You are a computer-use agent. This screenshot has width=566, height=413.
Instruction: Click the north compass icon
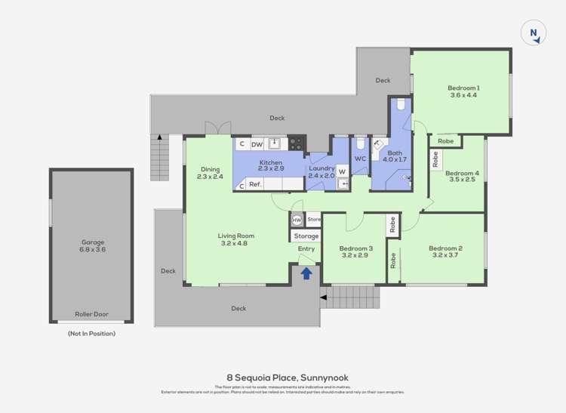(534, 32)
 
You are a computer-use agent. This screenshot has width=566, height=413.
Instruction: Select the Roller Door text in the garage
(92, 314)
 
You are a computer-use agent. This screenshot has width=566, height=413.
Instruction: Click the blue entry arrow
(306, 273)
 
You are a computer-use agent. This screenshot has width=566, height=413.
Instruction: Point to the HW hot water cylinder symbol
(297, 220)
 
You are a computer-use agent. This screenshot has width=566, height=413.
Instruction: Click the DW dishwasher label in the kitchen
(257, 144)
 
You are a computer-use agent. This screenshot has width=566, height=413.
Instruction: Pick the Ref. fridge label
(255, 184)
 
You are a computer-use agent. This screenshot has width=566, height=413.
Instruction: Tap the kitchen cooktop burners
(297, 143)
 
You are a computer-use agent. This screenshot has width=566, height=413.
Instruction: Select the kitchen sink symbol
(275, 143)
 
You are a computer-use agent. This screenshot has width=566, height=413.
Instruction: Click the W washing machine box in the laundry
(342, 171)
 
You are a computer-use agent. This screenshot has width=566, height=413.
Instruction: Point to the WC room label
(360, 159)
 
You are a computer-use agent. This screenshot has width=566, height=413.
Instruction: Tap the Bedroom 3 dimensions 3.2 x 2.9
(355, 256)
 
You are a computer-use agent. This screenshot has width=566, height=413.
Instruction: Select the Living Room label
(233, 235)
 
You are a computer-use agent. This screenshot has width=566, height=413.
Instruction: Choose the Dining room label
(210, 169)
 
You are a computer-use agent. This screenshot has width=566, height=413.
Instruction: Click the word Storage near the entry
(306, 236)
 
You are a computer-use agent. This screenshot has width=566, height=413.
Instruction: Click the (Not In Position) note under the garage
(91, 333)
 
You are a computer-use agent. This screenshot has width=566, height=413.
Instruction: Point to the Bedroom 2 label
(445, 248)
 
